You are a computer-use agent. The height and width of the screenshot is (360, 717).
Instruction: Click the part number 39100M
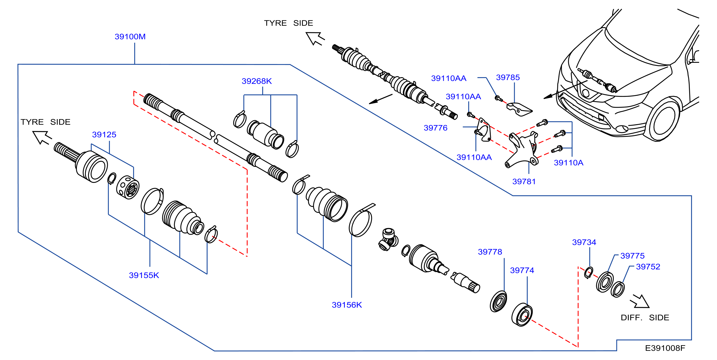[130, 36]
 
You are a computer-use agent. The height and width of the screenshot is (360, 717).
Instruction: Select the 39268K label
[257, 81]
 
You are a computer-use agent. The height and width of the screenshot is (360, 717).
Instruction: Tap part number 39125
[104, 134]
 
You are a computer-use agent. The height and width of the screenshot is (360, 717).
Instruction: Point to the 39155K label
[144, 275]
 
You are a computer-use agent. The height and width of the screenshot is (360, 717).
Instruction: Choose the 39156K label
[347, 305]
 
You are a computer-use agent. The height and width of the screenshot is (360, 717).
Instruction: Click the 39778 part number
[490, 252]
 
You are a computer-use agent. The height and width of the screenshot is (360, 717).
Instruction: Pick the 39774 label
[522, 270]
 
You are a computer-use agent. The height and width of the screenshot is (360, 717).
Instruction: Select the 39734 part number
[584, 242]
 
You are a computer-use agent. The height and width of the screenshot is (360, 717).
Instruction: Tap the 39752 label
[648, 267]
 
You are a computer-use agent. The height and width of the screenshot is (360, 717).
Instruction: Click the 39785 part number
[508, 77]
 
